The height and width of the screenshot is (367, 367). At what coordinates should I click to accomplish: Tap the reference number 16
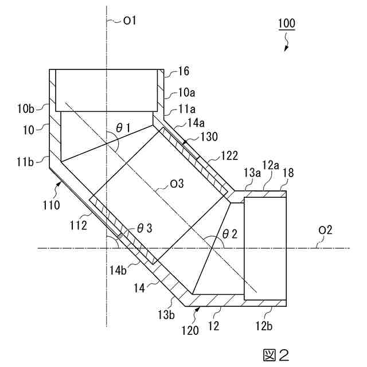183,72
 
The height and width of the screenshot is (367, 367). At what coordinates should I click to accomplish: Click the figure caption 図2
275,354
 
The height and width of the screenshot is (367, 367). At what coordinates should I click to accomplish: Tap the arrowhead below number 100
284,48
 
